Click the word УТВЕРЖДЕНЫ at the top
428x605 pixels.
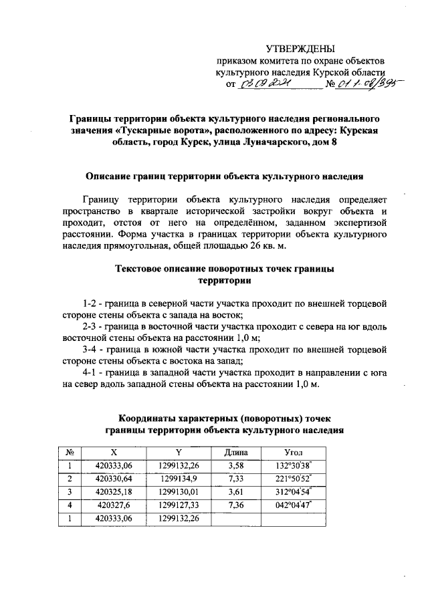click(x=300, y=49)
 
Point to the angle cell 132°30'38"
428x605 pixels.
click(x=294, y=466)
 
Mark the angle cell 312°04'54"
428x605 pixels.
click(x=294, y=492)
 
